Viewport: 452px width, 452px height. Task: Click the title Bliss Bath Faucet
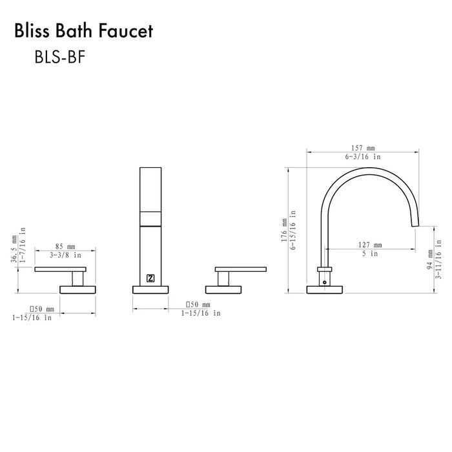pyautogui.click(x=85, y=31)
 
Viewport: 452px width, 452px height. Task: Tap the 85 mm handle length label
pyautogui.click(x=66, y=246)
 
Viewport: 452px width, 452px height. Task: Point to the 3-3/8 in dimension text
pyautogui.click(x=66, y=255)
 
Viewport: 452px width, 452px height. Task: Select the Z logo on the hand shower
pyautogui.click(x=150, y=278)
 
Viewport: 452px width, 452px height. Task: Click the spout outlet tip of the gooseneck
pyautogui.click(x=414, y=223)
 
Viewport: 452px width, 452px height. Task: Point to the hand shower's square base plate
pyautogui.click(x=150, y=289)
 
